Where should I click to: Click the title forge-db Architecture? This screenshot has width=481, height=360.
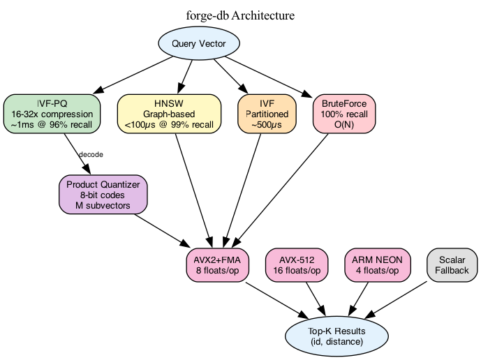pyautogui.click(x=240, y=15)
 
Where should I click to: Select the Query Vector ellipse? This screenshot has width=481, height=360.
pyautogui.click(x=199, y=44)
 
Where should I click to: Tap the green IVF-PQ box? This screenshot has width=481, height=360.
pyautogui.click(x=52, y=113)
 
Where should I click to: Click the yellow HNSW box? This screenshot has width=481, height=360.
pyautogui.click(x=169, y=113)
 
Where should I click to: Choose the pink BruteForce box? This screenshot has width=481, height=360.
pyautogui.click(x=344, y=113)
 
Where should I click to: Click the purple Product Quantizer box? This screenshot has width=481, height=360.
pyautogui.click(x=103, y=194)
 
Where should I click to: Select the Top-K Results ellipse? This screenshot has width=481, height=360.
pyautogui.click(x=336, y=336)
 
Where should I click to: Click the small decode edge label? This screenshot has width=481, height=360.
pyautogui.click(x=91, y=154)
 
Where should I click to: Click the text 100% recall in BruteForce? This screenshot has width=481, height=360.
pyautogui.click(x=344, y=113)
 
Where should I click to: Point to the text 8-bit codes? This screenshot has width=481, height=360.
pyautogui.click(x=103, y=195)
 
